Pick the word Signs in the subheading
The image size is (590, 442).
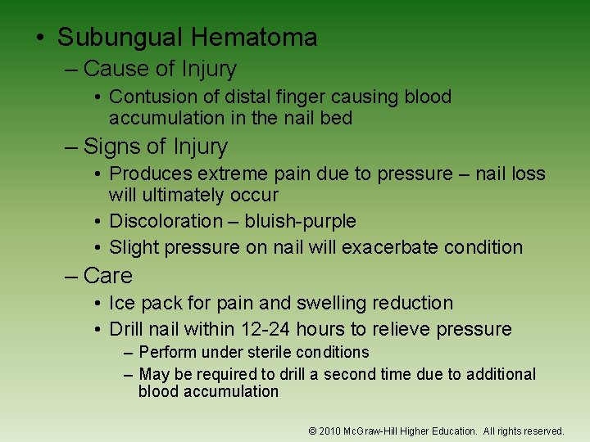pos(111,147)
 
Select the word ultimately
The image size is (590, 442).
pos(184,195)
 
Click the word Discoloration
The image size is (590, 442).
pos(166,221)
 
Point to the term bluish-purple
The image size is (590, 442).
pos(300,221)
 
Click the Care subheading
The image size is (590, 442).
pos(107,276)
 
